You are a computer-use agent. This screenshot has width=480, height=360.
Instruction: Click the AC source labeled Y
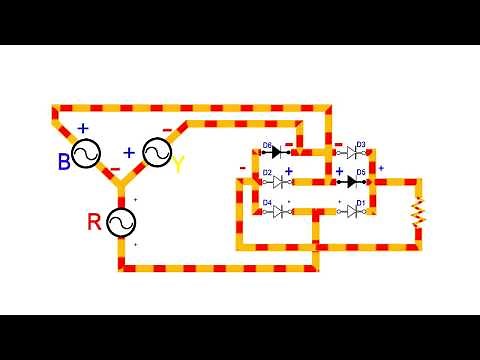pos(157,153)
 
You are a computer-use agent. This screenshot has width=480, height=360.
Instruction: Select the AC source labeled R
pos(121,221)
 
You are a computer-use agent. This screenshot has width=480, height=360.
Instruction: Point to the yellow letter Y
pos(178,164)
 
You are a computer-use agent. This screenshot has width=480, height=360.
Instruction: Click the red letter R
pos(95,222)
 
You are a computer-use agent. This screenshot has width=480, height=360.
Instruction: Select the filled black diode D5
pos(352,181)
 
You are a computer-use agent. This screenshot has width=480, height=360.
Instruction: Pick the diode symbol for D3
pos(351,153)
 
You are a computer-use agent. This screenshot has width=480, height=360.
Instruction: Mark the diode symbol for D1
pos(351,211)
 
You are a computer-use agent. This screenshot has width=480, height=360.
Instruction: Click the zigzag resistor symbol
pos(418,211)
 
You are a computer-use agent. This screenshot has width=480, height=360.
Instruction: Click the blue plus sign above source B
pos(83,129)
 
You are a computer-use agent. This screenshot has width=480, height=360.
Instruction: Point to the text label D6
pos(267,145)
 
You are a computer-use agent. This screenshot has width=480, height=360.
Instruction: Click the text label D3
pos(360,145)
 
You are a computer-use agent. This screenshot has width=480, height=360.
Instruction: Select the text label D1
pos(360,203)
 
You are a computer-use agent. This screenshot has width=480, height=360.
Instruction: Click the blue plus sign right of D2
pos(289,172)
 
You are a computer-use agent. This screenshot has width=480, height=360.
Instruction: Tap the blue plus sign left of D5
pos(339,172)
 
